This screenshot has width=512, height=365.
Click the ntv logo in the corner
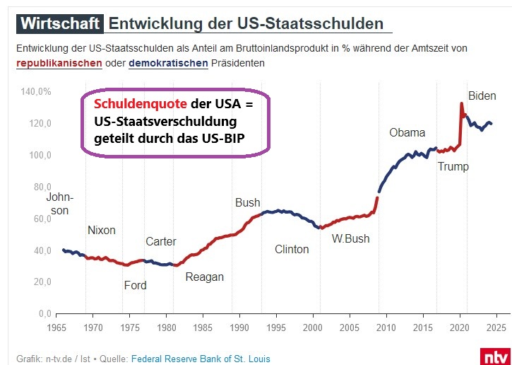coord(494,356)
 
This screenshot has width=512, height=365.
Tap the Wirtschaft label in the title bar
coord(59,23)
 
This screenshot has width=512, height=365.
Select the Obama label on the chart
coord(407,132)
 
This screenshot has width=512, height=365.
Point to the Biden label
coord(482,95)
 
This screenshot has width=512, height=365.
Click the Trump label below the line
coord(453,167)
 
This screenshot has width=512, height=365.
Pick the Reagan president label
coord(204,277)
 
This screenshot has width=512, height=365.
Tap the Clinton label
coord(292,249)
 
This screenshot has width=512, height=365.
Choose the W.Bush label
coord(350,238)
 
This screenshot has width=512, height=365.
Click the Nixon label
coord(101,230)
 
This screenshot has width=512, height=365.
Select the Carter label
coord(160,242)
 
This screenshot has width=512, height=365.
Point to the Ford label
coord(135,285)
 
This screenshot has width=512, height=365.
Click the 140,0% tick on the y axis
coord(36,92)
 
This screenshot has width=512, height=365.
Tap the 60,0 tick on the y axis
coord(40,219)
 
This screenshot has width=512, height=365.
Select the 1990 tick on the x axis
coord(241,328)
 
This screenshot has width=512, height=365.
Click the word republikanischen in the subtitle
coord(59,64)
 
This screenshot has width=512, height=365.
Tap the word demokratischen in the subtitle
coord(169,64)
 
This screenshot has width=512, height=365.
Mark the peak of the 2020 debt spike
coord(461,103)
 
